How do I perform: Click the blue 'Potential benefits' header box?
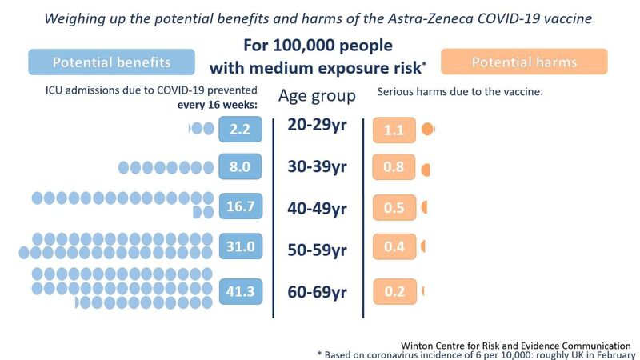coord(111,62)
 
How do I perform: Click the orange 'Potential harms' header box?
coord(524,62)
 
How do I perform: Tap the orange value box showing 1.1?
coord(394,129)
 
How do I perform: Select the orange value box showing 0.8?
coord(394,168)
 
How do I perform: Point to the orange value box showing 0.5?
coord(394,206)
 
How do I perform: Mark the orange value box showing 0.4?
coord(394,246)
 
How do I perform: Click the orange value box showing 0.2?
coord(394,291)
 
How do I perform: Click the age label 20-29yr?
coord(318,127)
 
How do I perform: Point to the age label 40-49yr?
coord(318,208)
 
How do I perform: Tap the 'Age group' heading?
coord(317,97)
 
